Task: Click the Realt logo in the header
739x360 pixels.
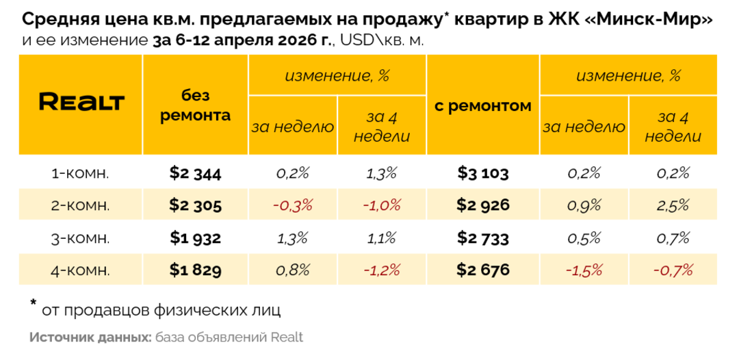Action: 81,103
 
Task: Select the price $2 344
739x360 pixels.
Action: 195,174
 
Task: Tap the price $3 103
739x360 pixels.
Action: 483,174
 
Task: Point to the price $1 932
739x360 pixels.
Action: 195,238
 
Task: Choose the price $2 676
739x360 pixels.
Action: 483,270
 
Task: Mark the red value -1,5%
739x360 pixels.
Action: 584,270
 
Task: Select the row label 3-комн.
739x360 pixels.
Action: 81,238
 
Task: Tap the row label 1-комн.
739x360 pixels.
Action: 81,174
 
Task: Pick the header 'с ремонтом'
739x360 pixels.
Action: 483,106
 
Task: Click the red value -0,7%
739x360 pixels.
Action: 673,270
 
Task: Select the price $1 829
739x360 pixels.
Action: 195,270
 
